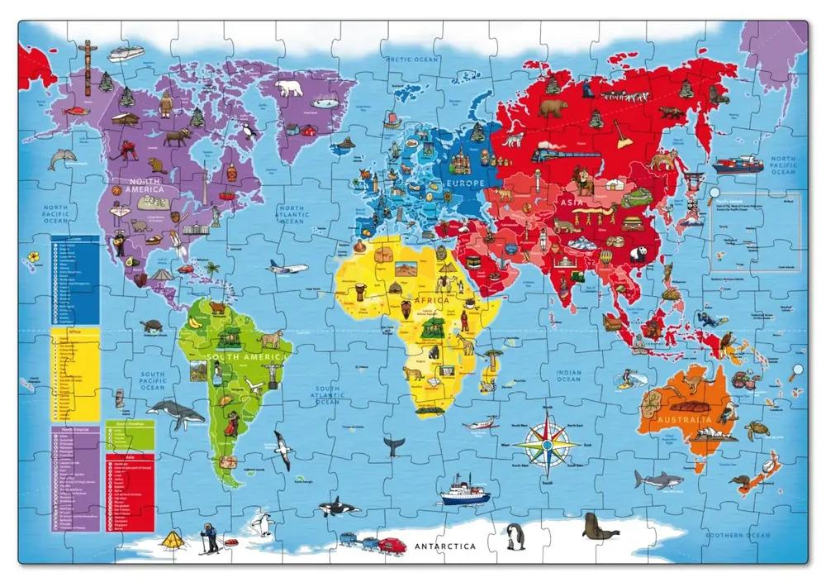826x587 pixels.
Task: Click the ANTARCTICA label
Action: pos(445,546)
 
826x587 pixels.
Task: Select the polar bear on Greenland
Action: pos(289,88)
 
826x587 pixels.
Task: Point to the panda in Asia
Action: pos(638,255)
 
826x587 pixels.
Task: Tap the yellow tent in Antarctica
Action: pos(172,540)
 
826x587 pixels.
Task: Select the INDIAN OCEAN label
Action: pos(568,377)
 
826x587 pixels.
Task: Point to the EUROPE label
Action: pos(467,182)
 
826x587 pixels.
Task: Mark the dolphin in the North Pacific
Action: pos(61,160)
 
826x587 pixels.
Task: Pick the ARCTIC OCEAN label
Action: pos(410,58)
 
